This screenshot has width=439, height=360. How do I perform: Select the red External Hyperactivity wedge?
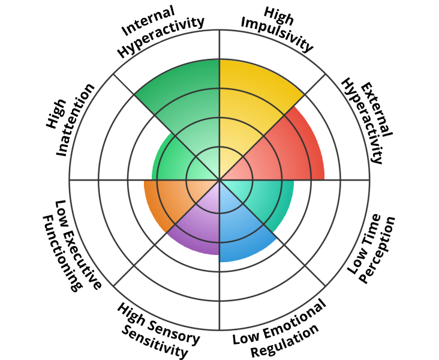coord(283,151)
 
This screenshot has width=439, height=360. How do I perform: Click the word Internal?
coord(149,21)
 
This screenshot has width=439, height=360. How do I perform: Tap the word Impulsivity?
coord(276,35)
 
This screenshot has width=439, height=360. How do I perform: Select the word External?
coord(376,110)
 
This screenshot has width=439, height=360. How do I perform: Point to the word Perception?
coord(378,250)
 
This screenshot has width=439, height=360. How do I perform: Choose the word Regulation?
coord(285,341)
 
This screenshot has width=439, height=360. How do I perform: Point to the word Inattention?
coord(76,120)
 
